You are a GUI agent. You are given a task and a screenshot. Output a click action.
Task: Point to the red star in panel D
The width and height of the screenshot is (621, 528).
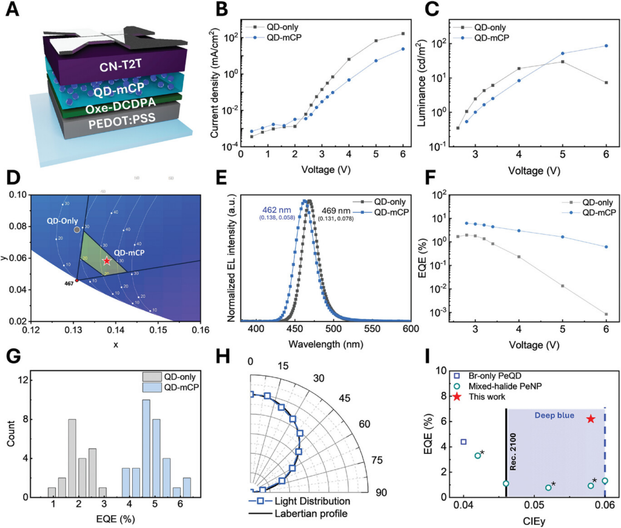pyautogui.click(x=107, y=260)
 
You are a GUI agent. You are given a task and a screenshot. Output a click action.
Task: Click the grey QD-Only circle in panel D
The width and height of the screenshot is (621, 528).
pyautogui.click(x=76, y=230)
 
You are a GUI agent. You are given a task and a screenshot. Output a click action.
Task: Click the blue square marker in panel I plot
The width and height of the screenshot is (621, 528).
pyautogui.click(x=464, y=442)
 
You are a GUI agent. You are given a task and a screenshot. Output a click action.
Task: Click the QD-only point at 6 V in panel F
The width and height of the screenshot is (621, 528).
pyautogui.click(x=606, y=314)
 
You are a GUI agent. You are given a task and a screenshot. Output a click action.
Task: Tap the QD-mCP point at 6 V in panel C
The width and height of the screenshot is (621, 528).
pyautogui.click(x=606, y=46)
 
